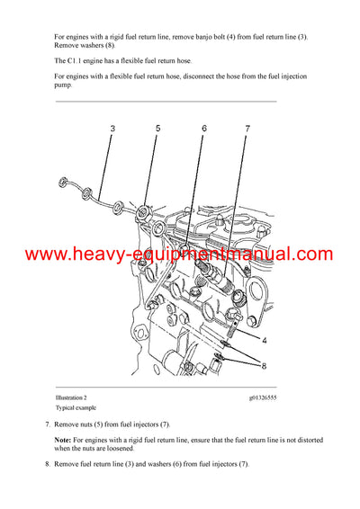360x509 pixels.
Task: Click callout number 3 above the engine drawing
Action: pos(112,129)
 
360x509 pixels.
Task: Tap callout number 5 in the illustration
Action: pos(157,129)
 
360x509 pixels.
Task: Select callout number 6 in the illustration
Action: pos(204,129)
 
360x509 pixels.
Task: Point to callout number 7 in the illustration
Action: pos(247,129)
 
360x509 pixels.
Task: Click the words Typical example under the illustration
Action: pos(74,406)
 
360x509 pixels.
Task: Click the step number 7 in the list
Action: pos(48,424)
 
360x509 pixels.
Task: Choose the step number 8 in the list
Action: pos(48,465)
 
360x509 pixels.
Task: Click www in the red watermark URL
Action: pos(45,254)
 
